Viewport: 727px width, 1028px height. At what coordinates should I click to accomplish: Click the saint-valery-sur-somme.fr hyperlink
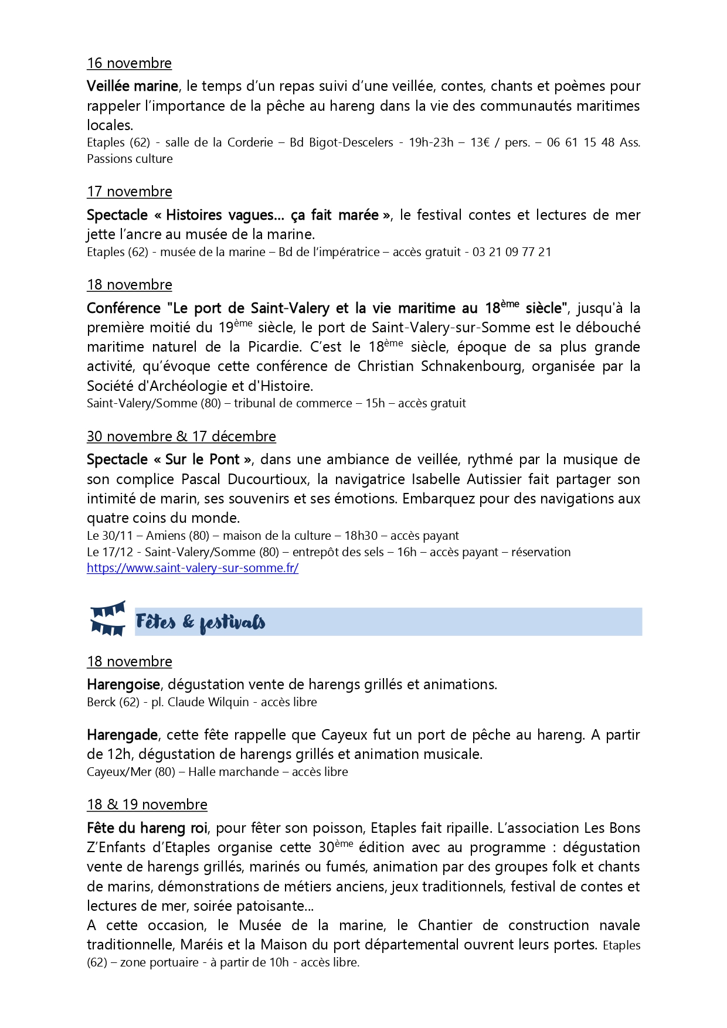(x=192, y=568)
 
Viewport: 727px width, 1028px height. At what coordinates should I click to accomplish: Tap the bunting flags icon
(x=108, y=618)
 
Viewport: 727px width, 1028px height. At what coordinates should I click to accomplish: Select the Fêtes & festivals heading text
(x=201, y=622)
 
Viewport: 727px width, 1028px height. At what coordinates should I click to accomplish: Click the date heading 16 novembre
(x=129, y=63)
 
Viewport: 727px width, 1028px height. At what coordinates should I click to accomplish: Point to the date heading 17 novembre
(x=129, y=192)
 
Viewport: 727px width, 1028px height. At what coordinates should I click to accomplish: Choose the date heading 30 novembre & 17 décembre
(x=181, y=437)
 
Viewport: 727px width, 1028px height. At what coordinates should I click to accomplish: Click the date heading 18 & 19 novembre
(x=147, y=805)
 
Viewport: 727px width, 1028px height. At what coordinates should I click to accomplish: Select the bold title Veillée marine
(x=132, y=86)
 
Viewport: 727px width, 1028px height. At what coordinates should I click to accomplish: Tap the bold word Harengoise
(x=123, y=685)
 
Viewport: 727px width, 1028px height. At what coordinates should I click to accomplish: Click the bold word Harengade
(x=122, y=735)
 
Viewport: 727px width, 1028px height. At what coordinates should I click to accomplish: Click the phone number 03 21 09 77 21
(x=512, y=252)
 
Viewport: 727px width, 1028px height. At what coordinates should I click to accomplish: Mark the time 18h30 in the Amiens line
(x=361, y=536)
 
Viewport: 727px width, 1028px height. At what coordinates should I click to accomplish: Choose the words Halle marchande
(x=233, y=772)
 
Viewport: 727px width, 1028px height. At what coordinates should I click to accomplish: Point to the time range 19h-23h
(x=431, y=142)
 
